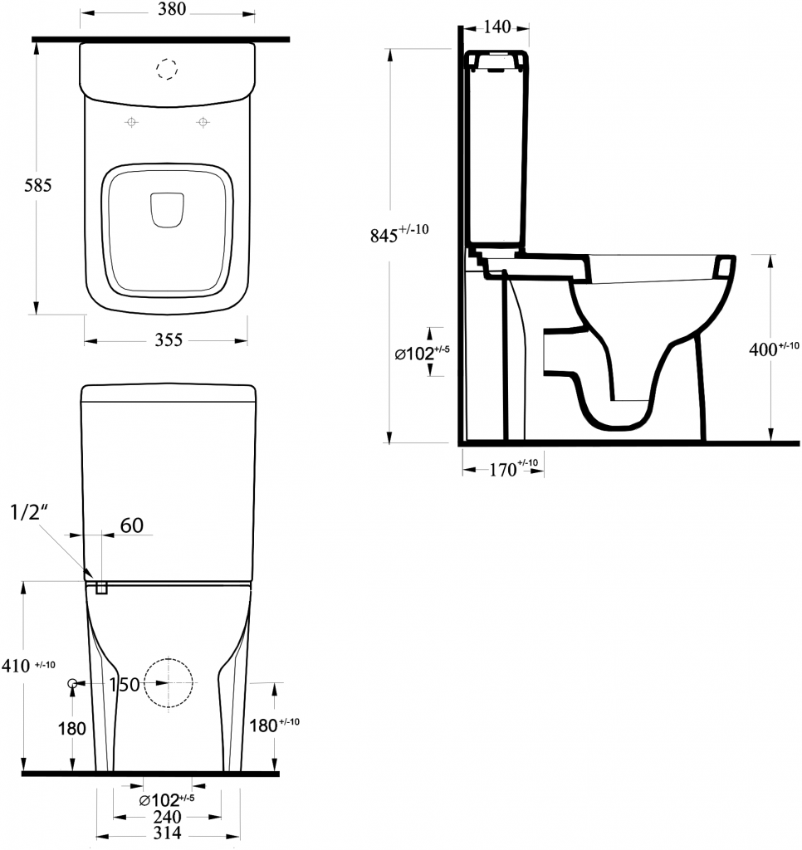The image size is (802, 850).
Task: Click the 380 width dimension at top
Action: click(172, 9)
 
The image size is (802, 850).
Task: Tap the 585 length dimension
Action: click(38, 185)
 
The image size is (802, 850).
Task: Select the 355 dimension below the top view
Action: click(169, 340)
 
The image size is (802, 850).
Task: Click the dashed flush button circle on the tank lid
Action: click(167, 69)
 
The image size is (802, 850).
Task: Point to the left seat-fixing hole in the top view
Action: click(131, 122)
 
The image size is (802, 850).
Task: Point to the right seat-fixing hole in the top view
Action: click(203, 122)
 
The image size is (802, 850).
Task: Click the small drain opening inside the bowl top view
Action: click(167, 210)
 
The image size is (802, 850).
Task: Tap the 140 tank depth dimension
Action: click(496, 27)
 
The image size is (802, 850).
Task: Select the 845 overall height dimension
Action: click(399, 233)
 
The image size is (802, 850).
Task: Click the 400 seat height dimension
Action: click(774, 349)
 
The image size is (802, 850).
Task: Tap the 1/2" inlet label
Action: click(30, 511)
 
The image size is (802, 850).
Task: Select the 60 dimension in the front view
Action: click(132, 525)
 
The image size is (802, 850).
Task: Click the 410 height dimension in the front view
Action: click(28, 665)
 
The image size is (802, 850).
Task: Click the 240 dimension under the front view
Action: click(167, 817)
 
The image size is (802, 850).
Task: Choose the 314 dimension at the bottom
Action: click(167, 833)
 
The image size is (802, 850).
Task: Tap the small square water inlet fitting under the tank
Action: click(101, 588)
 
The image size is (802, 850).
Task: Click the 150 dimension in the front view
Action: click(125, 685)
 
